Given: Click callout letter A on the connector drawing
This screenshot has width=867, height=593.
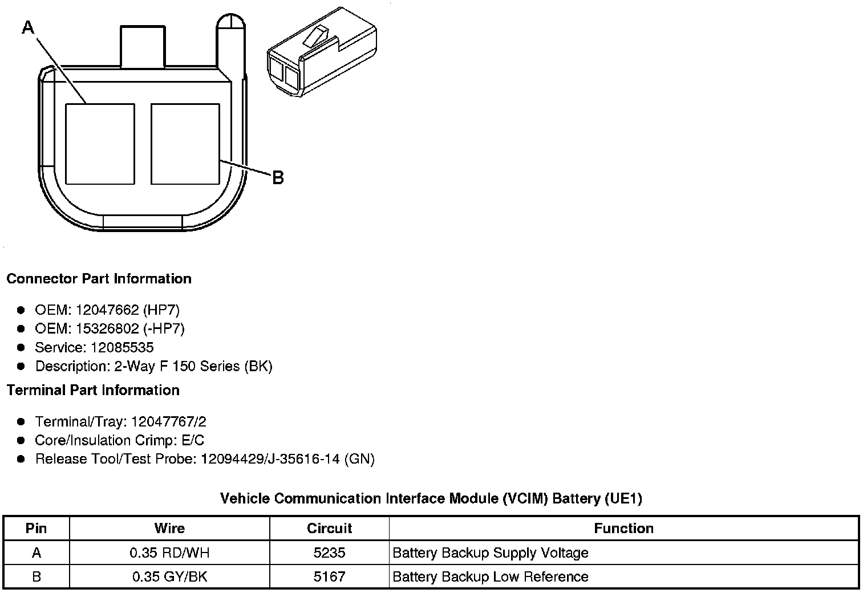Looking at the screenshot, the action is pos(28,27).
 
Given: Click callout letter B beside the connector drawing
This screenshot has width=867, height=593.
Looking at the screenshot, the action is pos(278,178).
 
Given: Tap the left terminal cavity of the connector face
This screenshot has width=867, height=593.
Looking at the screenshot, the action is pos(100,144).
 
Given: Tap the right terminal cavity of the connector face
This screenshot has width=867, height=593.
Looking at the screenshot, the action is pos(185,144).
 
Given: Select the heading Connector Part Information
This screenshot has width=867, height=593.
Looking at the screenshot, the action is pos(99,279).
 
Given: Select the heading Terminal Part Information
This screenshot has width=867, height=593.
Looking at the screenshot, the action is pos(93,390).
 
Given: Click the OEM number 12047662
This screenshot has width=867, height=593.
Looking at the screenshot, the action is pos(107,310).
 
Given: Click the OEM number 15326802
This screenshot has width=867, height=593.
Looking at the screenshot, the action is pos(107,329).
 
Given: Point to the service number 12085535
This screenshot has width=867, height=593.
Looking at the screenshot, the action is pos(122,348).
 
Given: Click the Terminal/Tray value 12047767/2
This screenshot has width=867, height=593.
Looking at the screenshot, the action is pos(168,422).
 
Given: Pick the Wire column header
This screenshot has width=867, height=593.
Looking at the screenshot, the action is pos(169,529).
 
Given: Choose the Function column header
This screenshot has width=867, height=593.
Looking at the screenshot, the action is pos(623,529).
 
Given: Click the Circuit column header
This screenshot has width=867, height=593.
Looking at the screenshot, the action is pos(330,529).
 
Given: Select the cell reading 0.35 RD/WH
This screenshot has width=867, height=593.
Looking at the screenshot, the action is pos(169,553).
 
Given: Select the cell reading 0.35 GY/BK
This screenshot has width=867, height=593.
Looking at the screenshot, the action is pos(169,576).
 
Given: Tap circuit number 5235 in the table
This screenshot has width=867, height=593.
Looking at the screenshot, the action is pos(330,553).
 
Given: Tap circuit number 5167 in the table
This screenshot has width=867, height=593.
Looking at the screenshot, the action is pos(330,576).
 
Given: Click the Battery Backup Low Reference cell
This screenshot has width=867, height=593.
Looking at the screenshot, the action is pos(491,576).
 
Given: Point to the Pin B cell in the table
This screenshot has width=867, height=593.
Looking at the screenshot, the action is pos(37,576).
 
